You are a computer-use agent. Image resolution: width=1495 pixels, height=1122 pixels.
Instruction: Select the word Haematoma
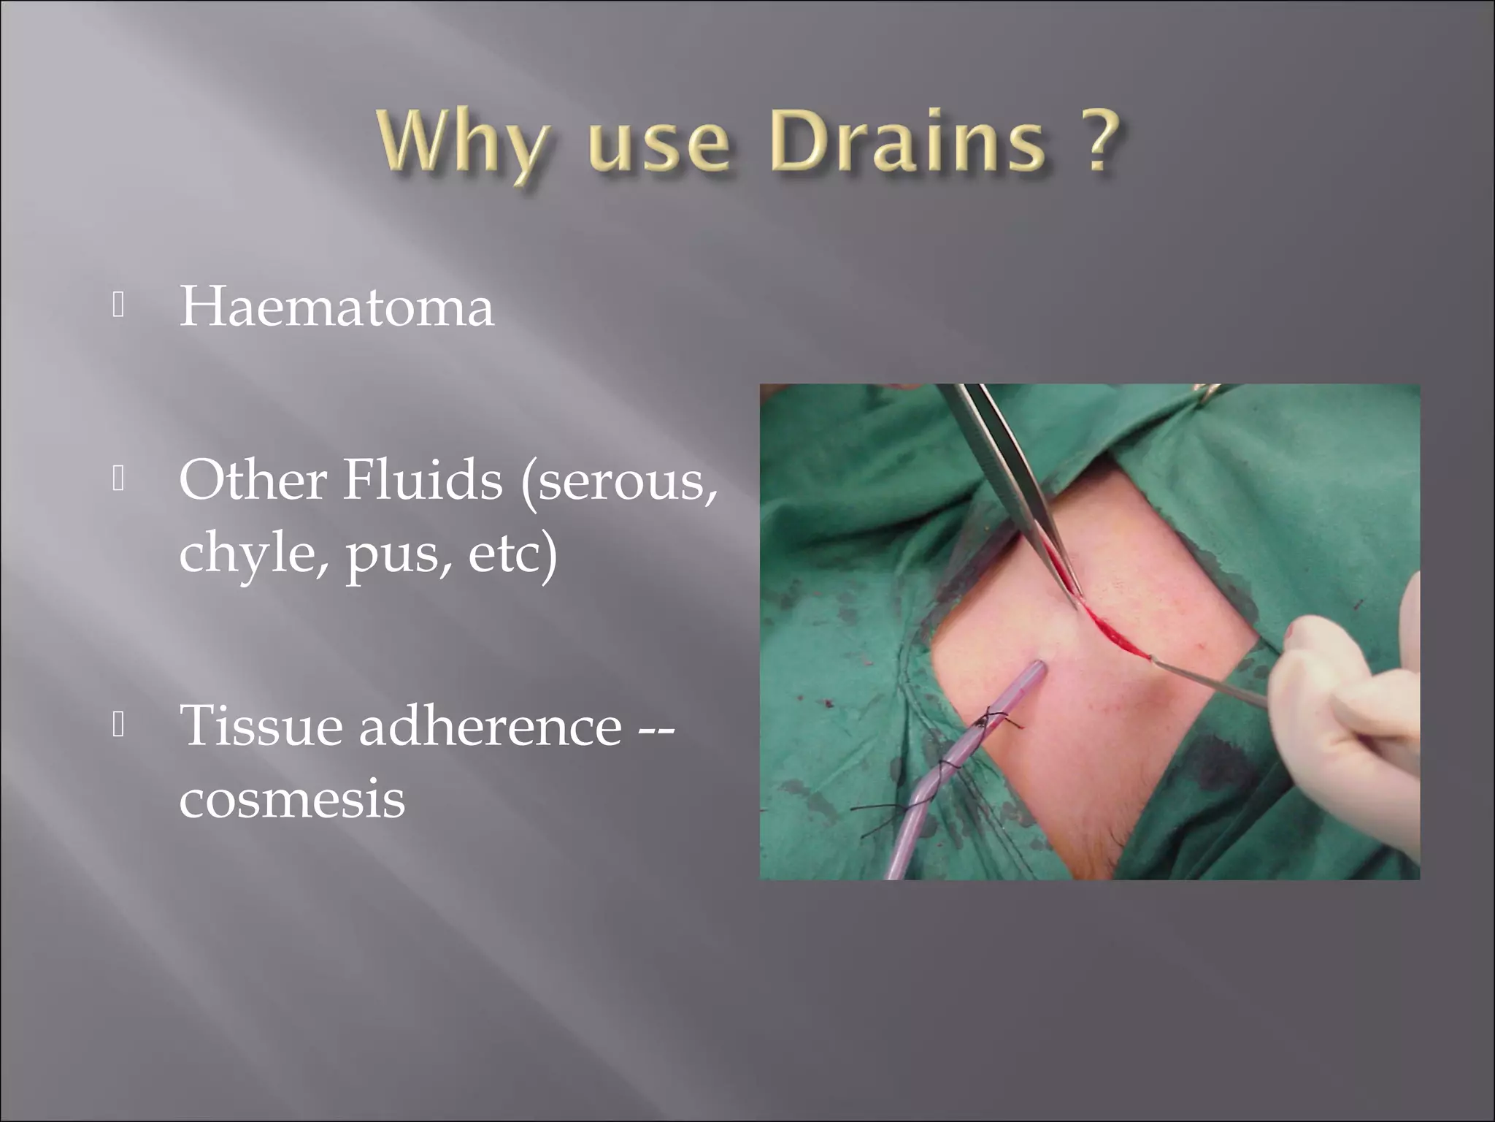[x=337, y=307]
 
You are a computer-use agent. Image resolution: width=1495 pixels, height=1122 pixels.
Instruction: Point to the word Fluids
[x=423, y=480]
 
